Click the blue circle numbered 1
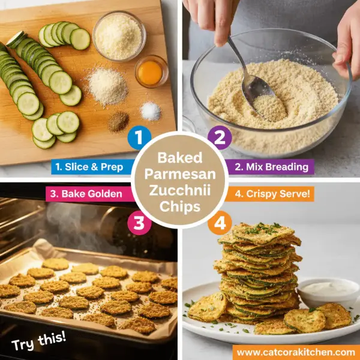(139, 137)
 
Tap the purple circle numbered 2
(220, 137)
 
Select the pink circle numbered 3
(139, 223)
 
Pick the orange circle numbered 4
(220, 223)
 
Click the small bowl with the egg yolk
(151, 72)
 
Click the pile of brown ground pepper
(118, 122)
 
